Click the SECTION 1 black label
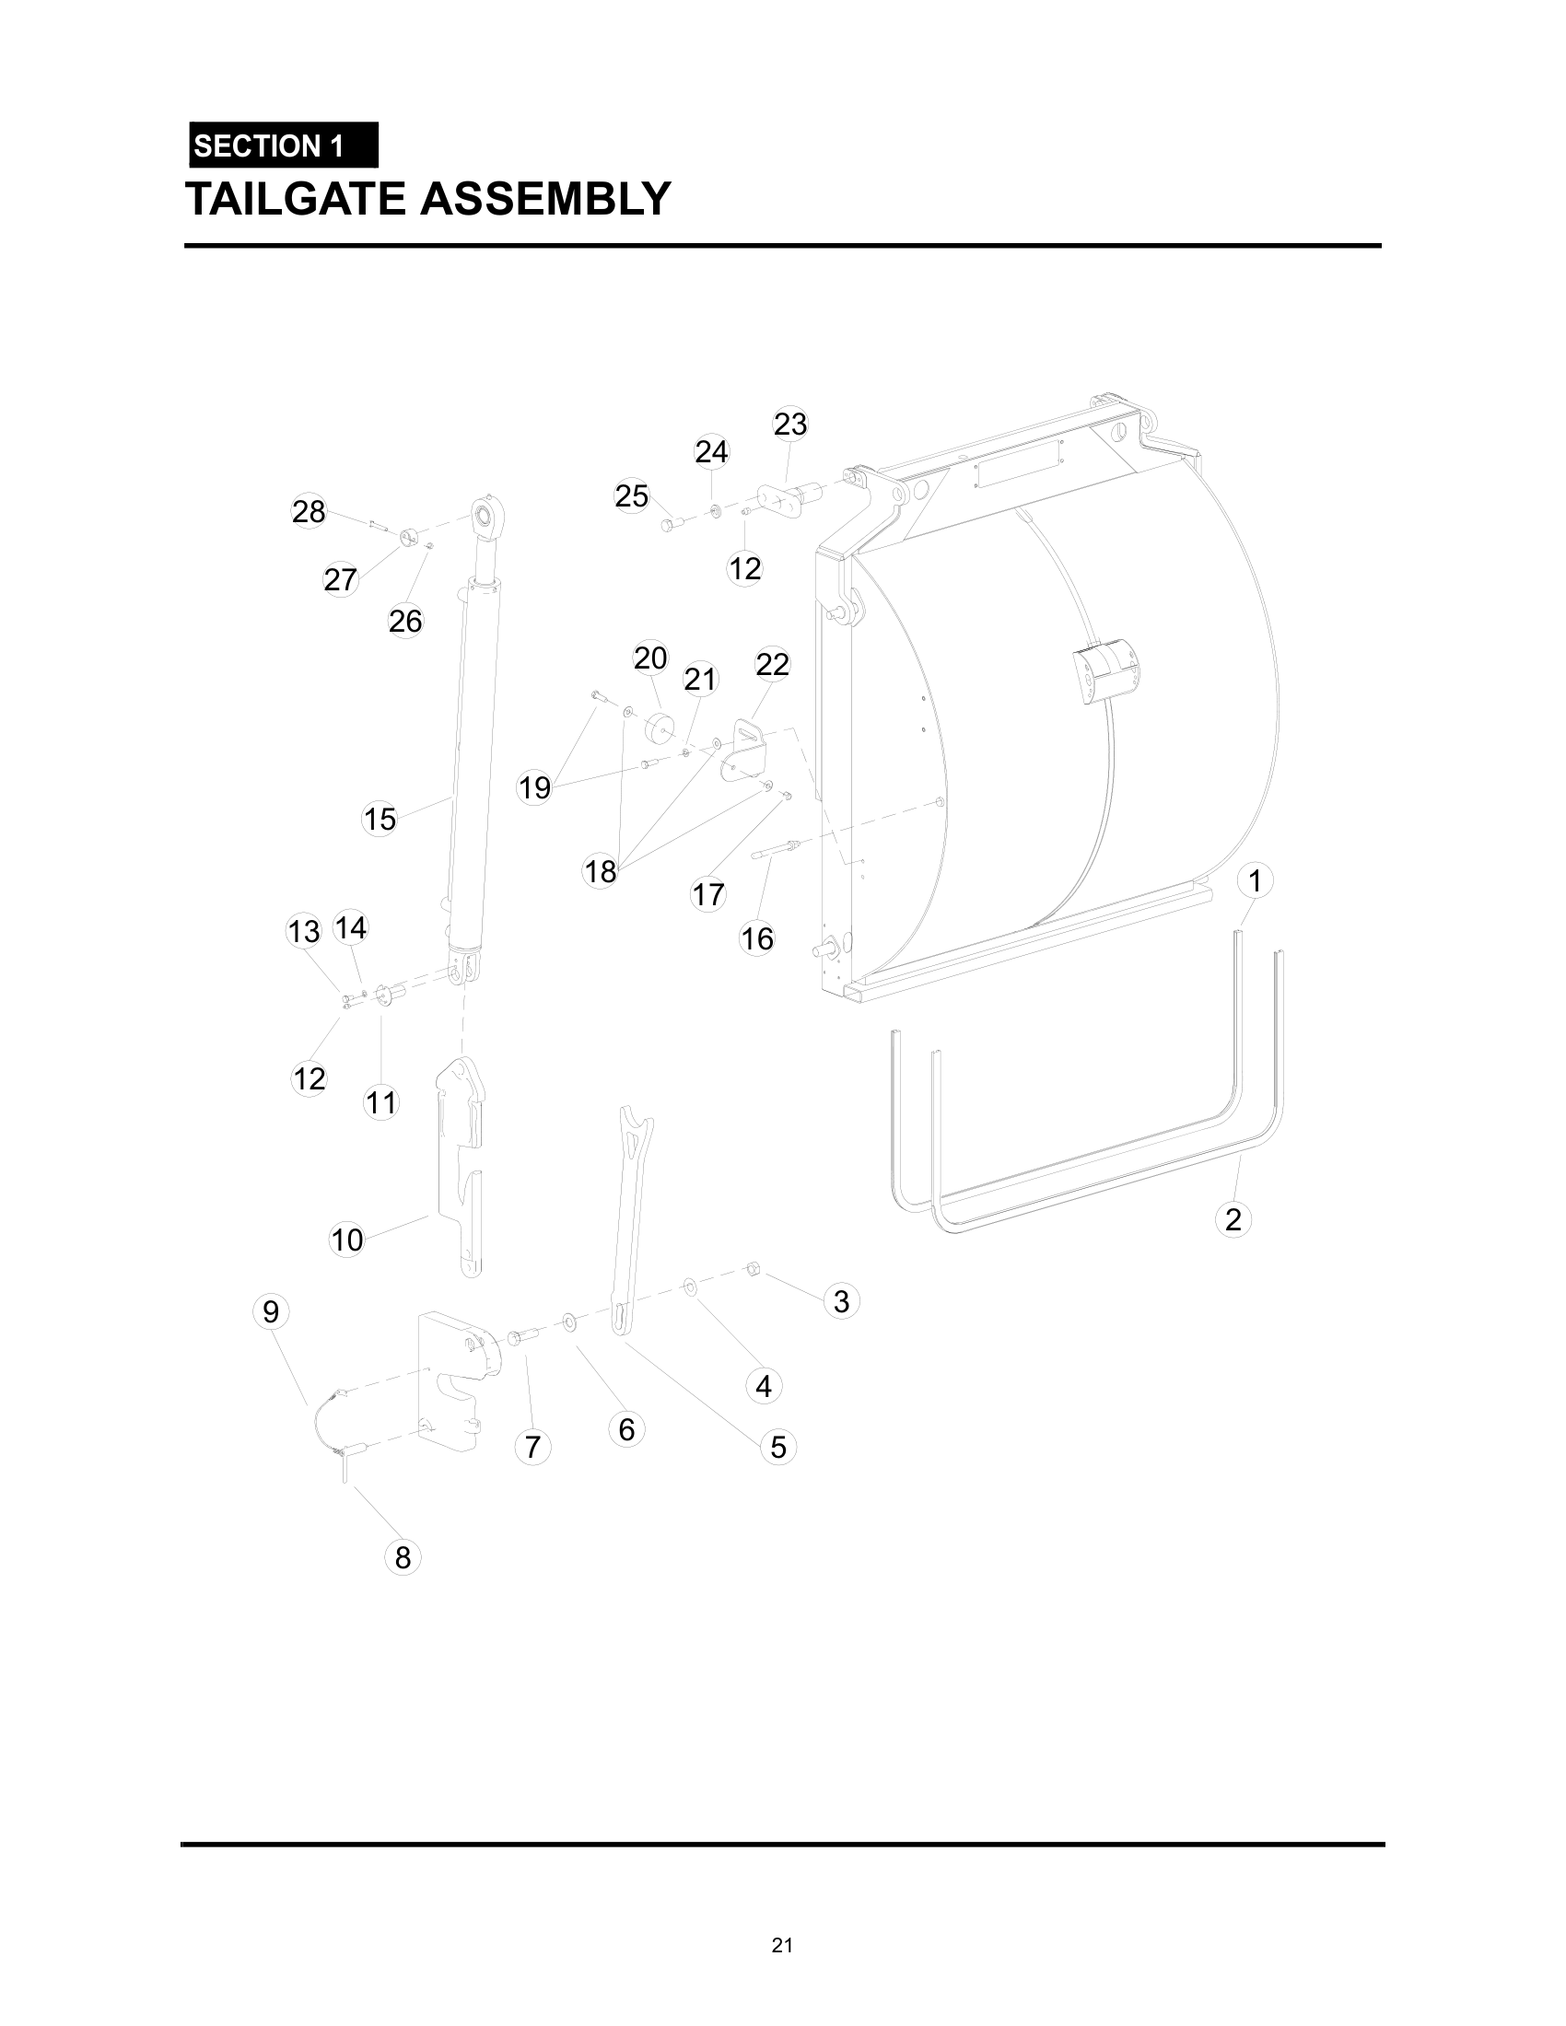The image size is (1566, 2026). [283, 146]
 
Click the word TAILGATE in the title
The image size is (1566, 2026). [298, 199]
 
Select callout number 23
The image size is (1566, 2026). [790, 424]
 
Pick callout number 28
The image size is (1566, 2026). [309, 511]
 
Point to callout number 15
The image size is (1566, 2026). [380, 819]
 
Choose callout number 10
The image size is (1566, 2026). [347, 1240]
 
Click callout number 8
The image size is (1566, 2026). [403, 1557]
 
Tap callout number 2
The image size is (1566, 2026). [1233, 1219]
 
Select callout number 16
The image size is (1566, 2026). [757, 938]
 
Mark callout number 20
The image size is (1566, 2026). [650, 658]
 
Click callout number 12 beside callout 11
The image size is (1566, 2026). [309, 1078]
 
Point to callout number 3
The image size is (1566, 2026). [841, 1300]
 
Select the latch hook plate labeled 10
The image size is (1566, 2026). [462, 1159]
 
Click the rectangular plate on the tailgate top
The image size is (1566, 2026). [1018, 463]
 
